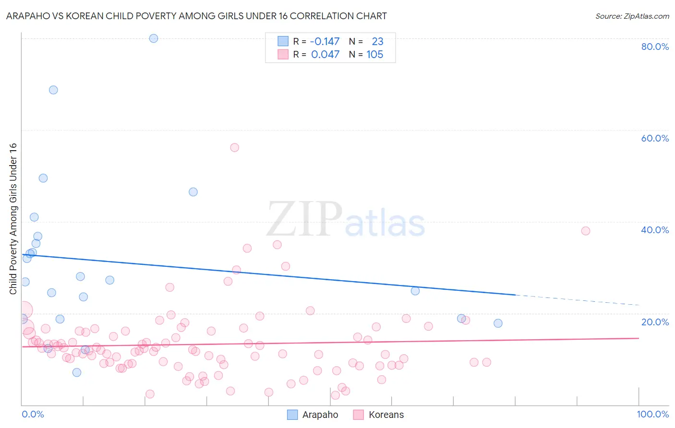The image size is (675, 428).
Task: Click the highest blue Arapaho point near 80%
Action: tap(154, 38)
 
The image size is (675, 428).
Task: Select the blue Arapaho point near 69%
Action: tap(53, 90)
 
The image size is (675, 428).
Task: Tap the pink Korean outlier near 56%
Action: tap(234, 147)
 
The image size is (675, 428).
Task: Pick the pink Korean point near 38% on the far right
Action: tap(585, 231)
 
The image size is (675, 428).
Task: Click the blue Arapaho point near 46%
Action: tap(193, 192)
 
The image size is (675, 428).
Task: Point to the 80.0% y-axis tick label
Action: tap(655, 47)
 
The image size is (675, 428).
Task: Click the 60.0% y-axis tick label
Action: tap(655, 138)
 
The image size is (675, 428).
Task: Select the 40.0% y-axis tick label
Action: tap(655, 230)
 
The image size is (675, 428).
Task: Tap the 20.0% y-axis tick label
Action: tap(655, 321)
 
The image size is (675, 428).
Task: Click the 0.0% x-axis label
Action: tap(33, 414)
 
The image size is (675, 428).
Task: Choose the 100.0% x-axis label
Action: tap(652, 414)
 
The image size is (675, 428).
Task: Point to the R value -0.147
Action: tap(325, 42)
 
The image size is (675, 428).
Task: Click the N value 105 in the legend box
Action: tap(374, 55)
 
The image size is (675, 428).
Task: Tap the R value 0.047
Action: tap(325, 55)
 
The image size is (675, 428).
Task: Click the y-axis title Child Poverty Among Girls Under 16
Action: tap(13, 219)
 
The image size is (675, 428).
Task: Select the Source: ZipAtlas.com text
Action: tap(632, 16)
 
